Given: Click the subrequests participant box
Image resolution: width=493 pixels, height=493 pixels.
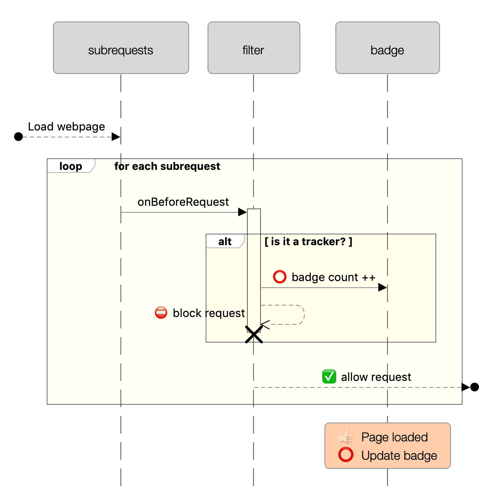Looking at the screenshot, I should coord(121,48).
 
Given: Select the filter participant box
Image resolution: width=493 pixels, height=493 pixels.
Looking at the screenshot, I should coord(254,48).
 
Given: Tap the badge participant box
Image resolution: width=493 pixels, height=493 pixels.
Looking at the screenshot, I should coord(387,48).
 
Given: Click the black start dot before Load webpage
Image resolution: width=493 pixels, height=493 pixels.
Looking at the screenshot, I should coord(18,137).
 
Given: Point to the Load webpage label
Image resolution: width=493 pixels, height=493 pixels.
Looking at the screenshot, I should coord(67,127).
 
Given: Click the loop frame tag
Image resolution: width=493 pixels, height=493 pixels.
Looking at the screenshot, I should coord(70,166).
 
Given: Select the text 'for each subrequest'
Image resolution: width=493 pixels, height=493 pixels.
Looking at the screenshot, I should coord(167,166).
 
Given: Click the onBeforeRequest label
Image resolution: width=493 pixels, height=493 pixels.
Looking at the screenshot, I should coord(183,202).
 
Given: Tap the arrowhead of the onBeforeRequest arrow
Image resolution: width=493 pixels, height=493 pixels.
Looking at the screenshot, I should coord(242,212).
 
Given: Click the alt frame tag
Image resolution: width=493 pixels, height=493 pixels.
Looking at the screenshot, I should coord(225,242).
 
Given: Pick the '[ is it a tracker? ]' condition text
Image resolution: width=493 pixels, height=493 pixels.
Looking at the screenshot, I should coord(308,242).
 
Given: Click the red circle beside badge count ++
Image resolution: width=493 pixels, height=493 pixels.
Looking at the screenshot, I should coord(279,277).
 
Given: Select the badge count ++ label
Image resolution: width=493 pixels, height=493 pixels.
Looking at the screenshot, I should coord(333,278).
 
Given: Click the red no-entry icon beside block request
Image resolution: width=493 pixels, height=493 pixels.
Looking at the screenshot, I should coord(161,313).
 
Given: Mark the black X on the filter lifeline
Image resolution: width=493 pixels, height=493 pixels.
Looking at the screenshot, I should coord(254,335).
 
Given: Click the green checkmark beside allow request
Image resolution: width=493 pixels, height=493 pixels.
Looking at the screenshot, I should coord(329,377).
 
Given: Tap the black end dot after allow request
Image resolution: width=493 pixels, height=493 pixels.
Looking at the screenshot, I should coord(474,387).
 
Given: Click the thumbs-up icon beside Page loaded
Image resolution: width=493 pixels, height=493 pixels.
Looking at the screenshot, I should coord(346,437).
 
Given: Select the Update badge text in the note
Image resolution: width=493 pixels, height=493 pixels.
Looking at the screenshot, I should coord(399,456).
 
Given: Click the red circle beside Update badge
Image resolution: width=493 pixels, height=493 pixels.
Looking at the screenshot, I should coord(346,455).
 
